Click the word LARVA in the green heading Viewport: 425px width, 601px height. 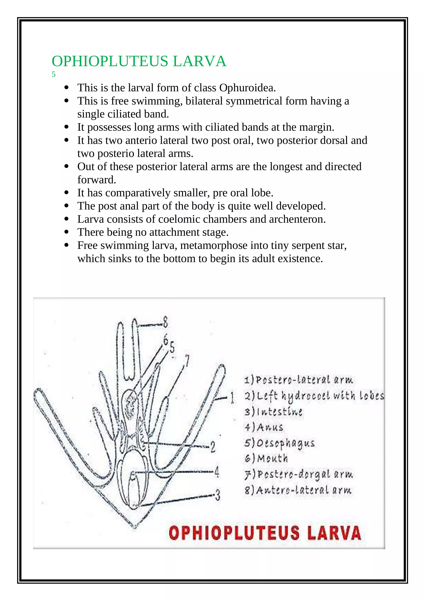pyautogui.click(x=199, y=61)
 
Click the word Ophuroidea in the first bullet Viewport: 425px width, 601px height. pyautogui.click(x=247, y=88)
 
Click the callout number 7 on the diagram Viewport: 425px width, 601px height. pyautogui.click(x=187, y=361)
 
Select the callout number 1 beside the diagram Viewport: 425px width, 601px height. pyautogui.click(x=232, y=398)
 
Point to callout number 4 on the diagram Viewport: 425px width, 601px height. pyautogui.click(x=217, y=472)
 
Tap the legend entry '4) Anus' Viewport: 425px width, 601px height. pyautogui.click(x=264, y=427)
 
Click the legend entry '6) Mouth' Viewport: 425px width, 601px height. pyautogui.click(x=266, y=458)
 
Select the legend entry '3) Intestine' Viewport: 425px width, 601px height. pyautogui.click(x=273, y=412)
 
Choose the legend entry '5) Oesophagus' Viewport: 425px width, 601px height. pyautogui.click(x=279, y=443)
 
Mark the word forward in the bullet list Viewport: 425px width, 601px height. pyautogui.click(x=96, y=180)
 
